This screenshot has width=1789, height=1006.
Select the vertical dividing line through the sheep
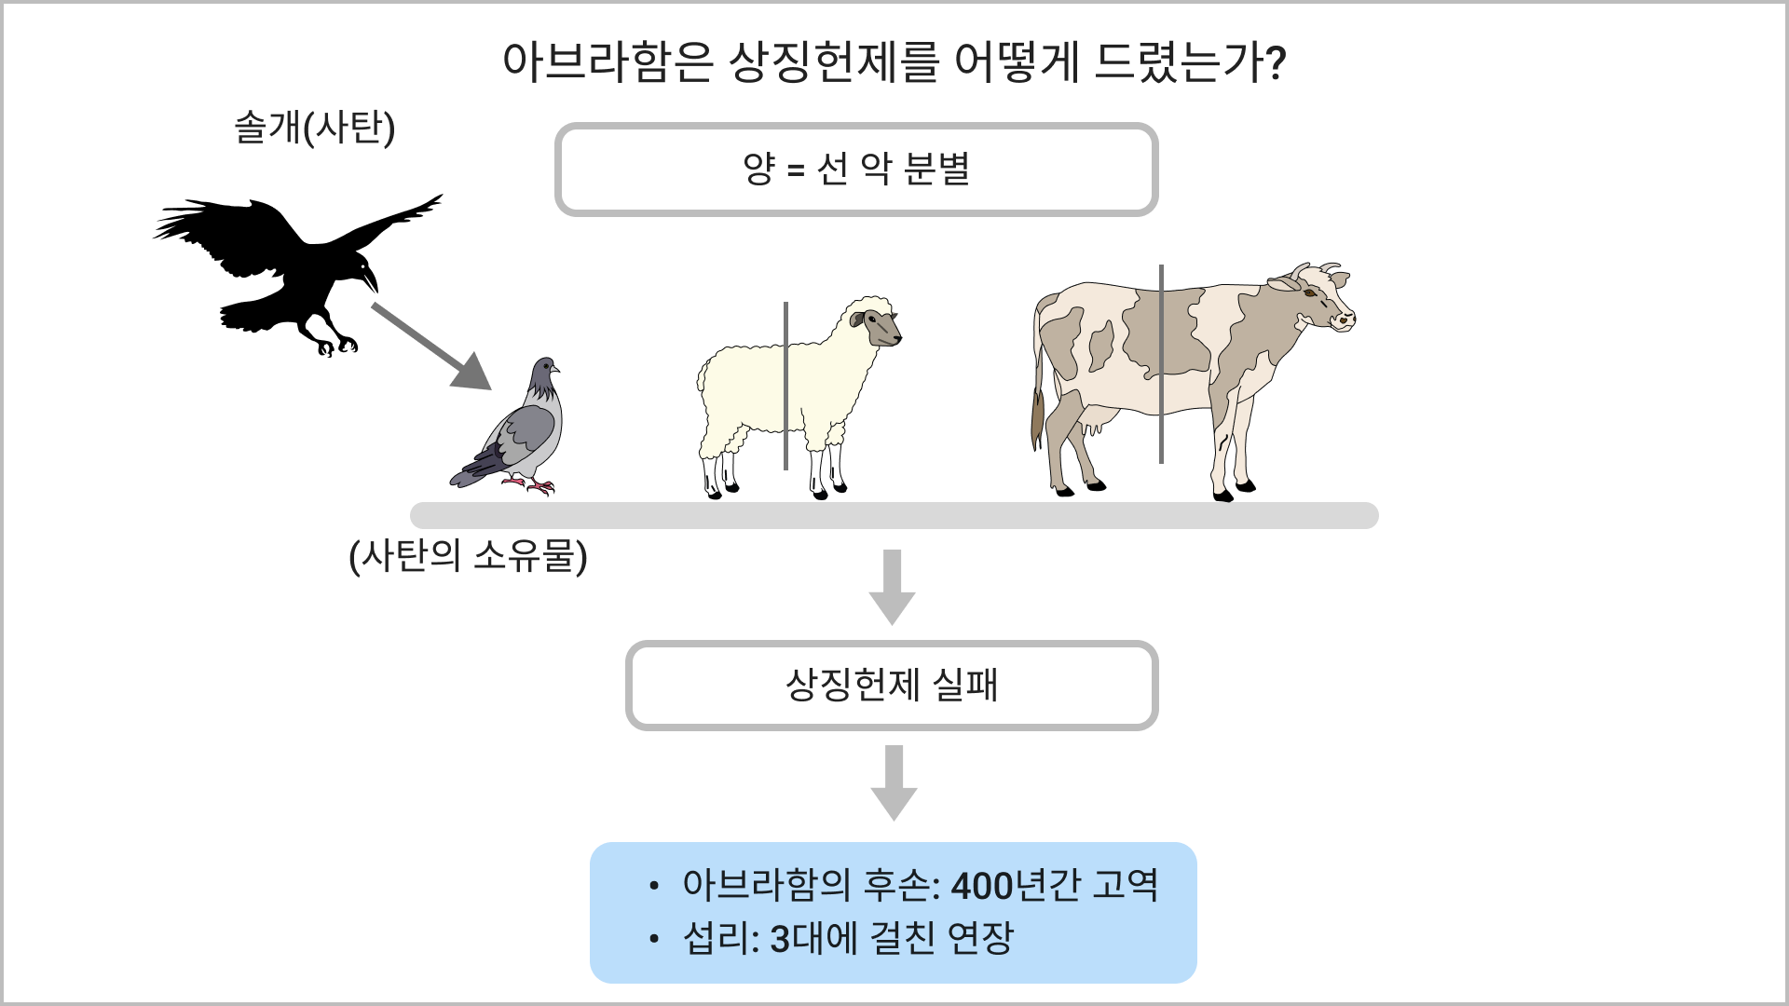(x=785, y=386)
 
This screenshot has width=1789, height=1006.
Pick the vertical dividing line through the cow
(x=1161, y=363)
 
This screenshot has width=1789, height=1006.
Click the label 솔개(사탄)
(x=314, y=128)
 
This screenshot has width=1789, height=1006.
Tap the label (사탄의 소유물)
(x=468, y=556)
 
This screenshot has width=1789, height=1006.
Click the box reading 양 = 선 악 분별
(x=856, y=170)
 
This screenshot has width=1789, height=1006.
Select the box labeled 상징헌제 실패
(x=892, y=686)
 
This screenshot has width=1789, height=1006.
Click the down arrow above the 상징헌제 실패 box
(x=892, y=587)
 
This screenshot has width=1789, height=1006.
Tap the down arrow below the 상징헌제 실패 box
(x=894, y=782)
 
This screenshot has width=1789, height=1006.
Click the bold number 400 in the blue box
(x=982, y=886)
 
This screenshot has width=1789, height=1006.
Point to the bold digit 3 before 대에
(x=780, y=939)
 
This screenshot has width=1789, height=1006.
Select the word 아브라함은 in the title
(x=608, y=62)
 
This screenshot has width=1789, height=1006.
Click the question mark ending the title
(x=1277, y=63)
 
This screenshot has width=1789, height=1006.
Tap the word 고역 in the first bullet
(x=1126, y=885)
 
